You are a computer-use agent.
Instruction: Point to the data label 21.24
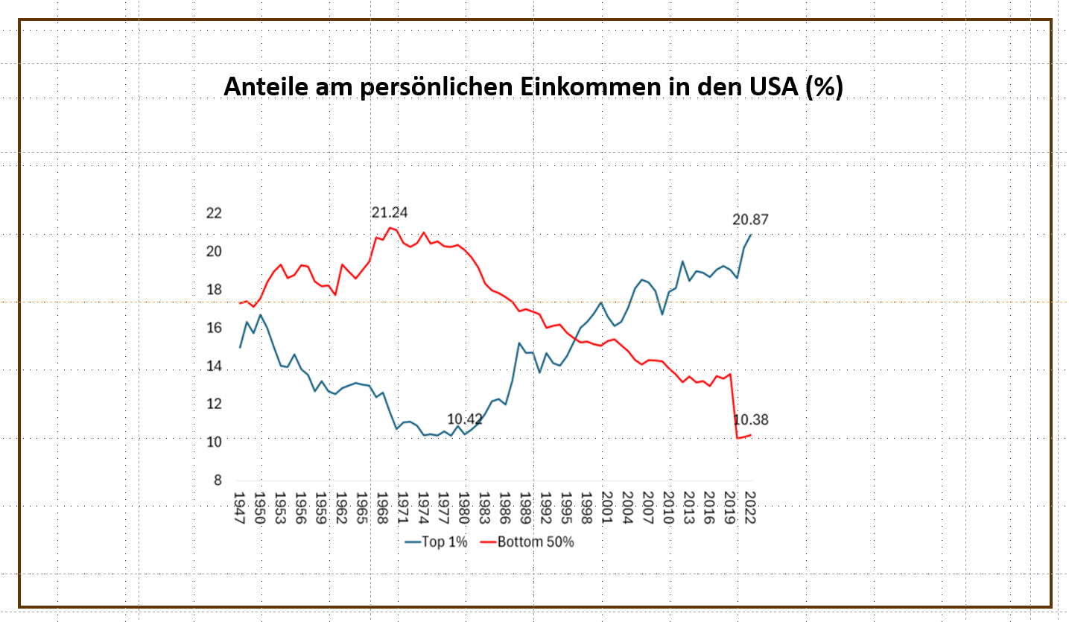point(390,212)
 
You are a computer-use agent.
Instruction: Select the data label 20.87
point(750,219)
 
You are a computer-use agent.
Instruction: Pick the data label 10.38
point(751,420)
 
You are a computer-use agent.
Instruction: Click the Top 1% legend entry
point(437,542)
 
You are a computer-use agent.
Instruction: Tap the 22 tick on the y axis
point(215,213)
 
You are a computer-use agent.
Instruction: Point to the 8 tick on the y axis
point(218,480)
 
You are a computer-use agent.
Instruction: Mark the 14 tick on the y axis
point(215,366)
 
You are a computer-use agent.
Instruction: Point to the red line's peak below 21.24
point(390,227)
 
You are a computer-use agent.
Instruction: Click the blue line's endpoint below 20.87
point(751,235)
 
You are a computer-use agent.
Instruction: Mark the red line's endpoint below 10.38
point(751,434)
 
